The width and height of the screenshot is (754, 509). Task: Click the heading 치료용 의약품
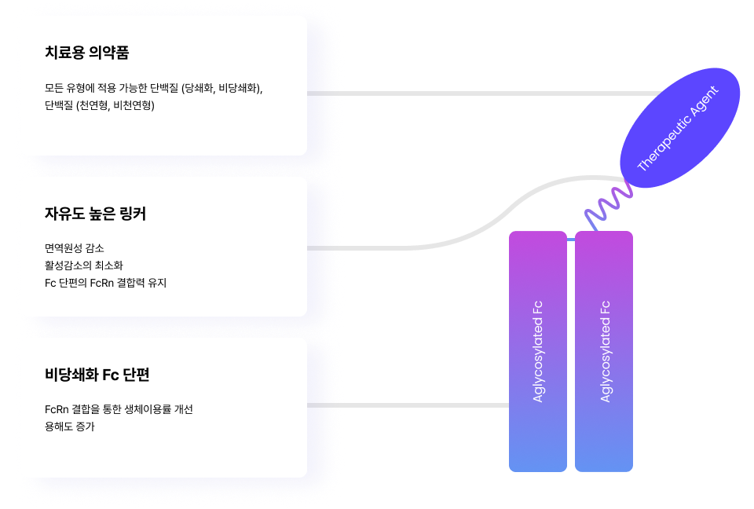(87, 53)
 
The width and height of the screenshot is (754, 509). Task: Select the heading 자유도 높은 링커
(95, 214)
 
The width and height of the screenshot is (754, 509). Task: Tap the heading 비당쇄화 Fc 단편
(97, 375)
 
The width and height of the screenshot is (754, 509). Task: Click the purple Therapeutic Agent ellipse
(680, 127)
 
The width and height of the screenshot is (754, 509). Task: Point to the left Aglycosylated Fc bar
(537, 351)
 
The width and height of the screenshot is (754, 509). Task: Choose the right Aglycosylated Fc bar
(604, 351)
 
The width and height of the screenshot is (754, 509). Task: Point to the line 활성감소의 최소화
(84, 265)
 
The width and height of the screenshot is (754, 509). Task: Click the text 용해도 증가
(70, 427)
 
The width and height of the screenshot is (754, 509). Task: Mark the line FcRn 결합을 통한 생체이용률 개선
(119, 409)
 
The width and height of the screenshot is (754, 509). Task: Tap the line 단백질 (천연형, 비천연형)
(100, 104)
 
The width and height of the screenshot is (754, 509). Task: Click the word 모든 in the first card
(54, 87)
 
